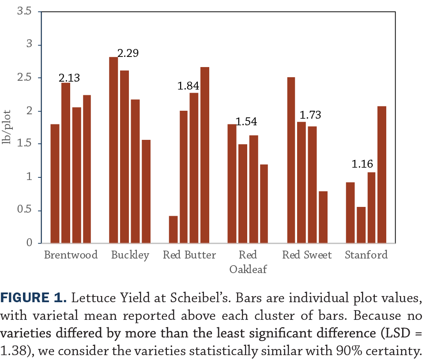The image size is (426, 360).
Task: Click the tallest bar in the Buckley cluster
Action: coord(113,150)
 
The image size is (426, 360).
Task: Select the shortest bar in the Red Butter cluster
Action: coord(173,229)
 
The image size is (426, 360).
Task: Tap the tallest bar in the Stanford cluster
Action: coord(382,174)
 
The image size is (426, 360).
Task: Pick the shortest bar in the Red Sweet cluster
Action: coord(323,217)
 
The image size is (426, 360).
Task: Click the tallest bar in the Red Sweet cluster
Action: coord(291,160)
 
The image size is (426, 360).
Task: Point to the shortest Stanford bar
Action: coord(361,225)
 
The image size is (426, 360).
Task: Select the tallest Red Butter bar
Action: coord(205,154)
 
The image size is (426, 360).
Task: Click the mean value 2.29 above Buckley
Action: coord(128,53)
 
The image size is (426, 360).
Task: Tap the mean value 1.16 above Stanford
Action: coord(362,165)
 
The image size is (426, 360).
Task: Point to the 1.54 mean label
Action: coord(246,122)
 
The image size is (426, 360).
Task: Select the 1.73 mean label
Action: coord(310,116)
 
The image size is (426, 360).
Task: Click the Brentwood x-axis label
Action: coord(71,255)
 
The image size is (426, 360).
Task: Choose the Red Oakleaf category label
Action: coord(248,262)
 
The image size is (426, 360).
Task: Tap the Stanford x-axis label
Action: coord(366,255)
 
